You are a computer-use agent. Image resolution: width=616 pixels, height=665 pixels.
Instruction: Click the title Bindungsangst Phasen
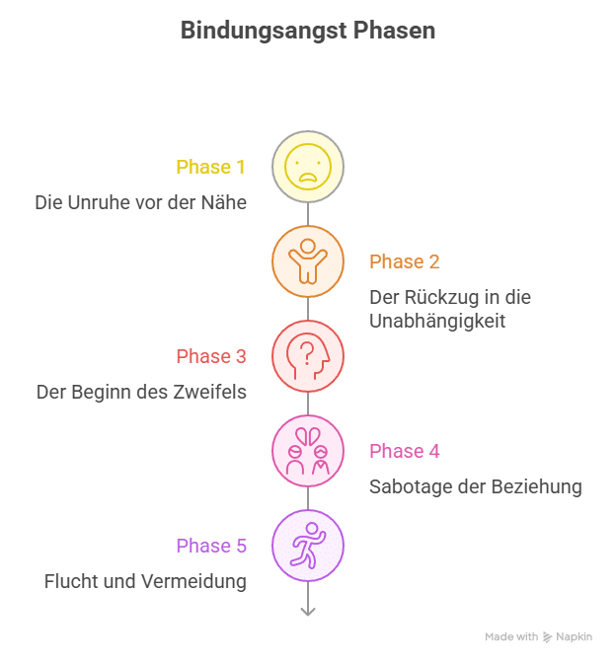click(308, 31)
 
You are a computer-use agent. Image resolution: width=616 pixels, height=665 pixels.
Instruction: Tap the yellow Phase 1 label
click(210, 167)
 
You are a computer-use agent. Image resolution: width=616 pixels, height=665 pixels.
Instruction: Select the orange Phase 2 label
click(405, 261)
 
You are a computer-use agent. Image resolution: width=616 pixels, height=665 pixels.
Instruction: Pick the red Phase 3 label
click(210, 356)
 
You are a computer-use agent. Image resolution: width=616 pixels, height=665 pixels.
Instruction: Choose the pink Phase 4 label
click(405, 451)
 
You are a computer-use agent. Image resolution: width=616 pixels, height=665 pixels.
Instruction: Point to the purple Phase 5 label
click(210, 546)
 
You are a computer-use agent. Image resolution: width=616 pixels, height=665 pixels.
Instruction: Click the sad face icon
click(308, 167)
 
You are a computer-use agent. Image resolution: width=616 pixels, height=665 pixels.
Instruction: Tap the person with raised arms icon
click(308, 261)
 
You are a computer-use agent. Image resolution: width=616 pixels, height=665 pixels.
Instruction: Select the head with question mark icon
click(308, 356)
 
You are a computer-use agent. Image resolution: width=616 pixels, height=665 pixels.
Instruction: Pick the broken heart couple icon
click(308, 451)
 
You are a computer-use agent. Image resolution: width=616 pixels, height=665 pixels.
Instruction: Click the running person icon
click(308, 546)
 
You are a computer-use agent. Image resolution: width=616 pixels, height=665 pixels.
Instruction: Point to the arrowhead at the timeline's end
click(308, 612)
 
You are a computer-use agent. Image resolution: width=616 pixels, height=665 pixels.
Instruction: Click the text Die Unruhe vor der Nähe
click(140, 202)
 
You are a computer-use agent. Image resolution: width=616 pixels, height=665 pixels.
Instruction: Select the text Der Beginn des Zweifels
click(141, 392)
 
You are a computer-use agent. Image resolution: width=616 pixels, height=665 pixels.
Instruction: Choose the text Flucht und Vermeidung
click(145, 581)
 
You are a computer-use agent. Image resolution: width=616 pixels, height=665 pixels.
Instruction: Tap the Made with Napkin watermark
click(538, 637)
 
